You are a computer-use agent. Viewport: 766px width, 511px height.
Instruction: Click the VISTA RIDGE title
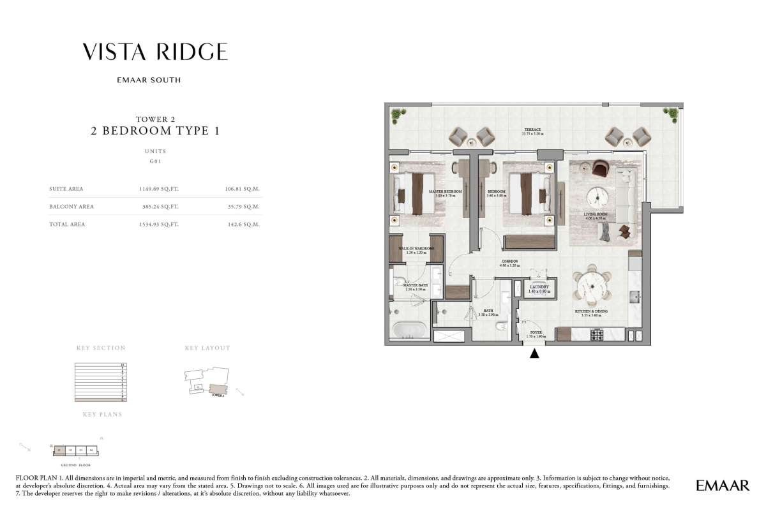(155, 52)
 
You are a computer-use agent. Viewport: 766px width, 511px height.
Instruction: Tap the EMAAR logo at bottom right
(723, 486)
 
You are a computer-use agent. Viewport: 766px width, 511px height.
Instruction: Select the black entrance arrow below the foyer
(535, 353)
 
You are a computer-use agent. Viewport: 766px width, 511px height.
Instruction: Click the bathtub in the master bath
(409, 330)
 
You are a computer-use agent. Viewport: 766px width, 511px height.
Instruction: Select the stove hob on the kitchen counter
(597, 334)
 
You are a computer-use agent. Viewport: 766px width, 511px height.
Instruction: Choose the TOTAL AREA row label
(67, 225)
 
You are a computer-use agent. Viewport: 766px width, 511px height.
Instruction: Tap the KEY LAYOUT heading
(207, 348)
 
